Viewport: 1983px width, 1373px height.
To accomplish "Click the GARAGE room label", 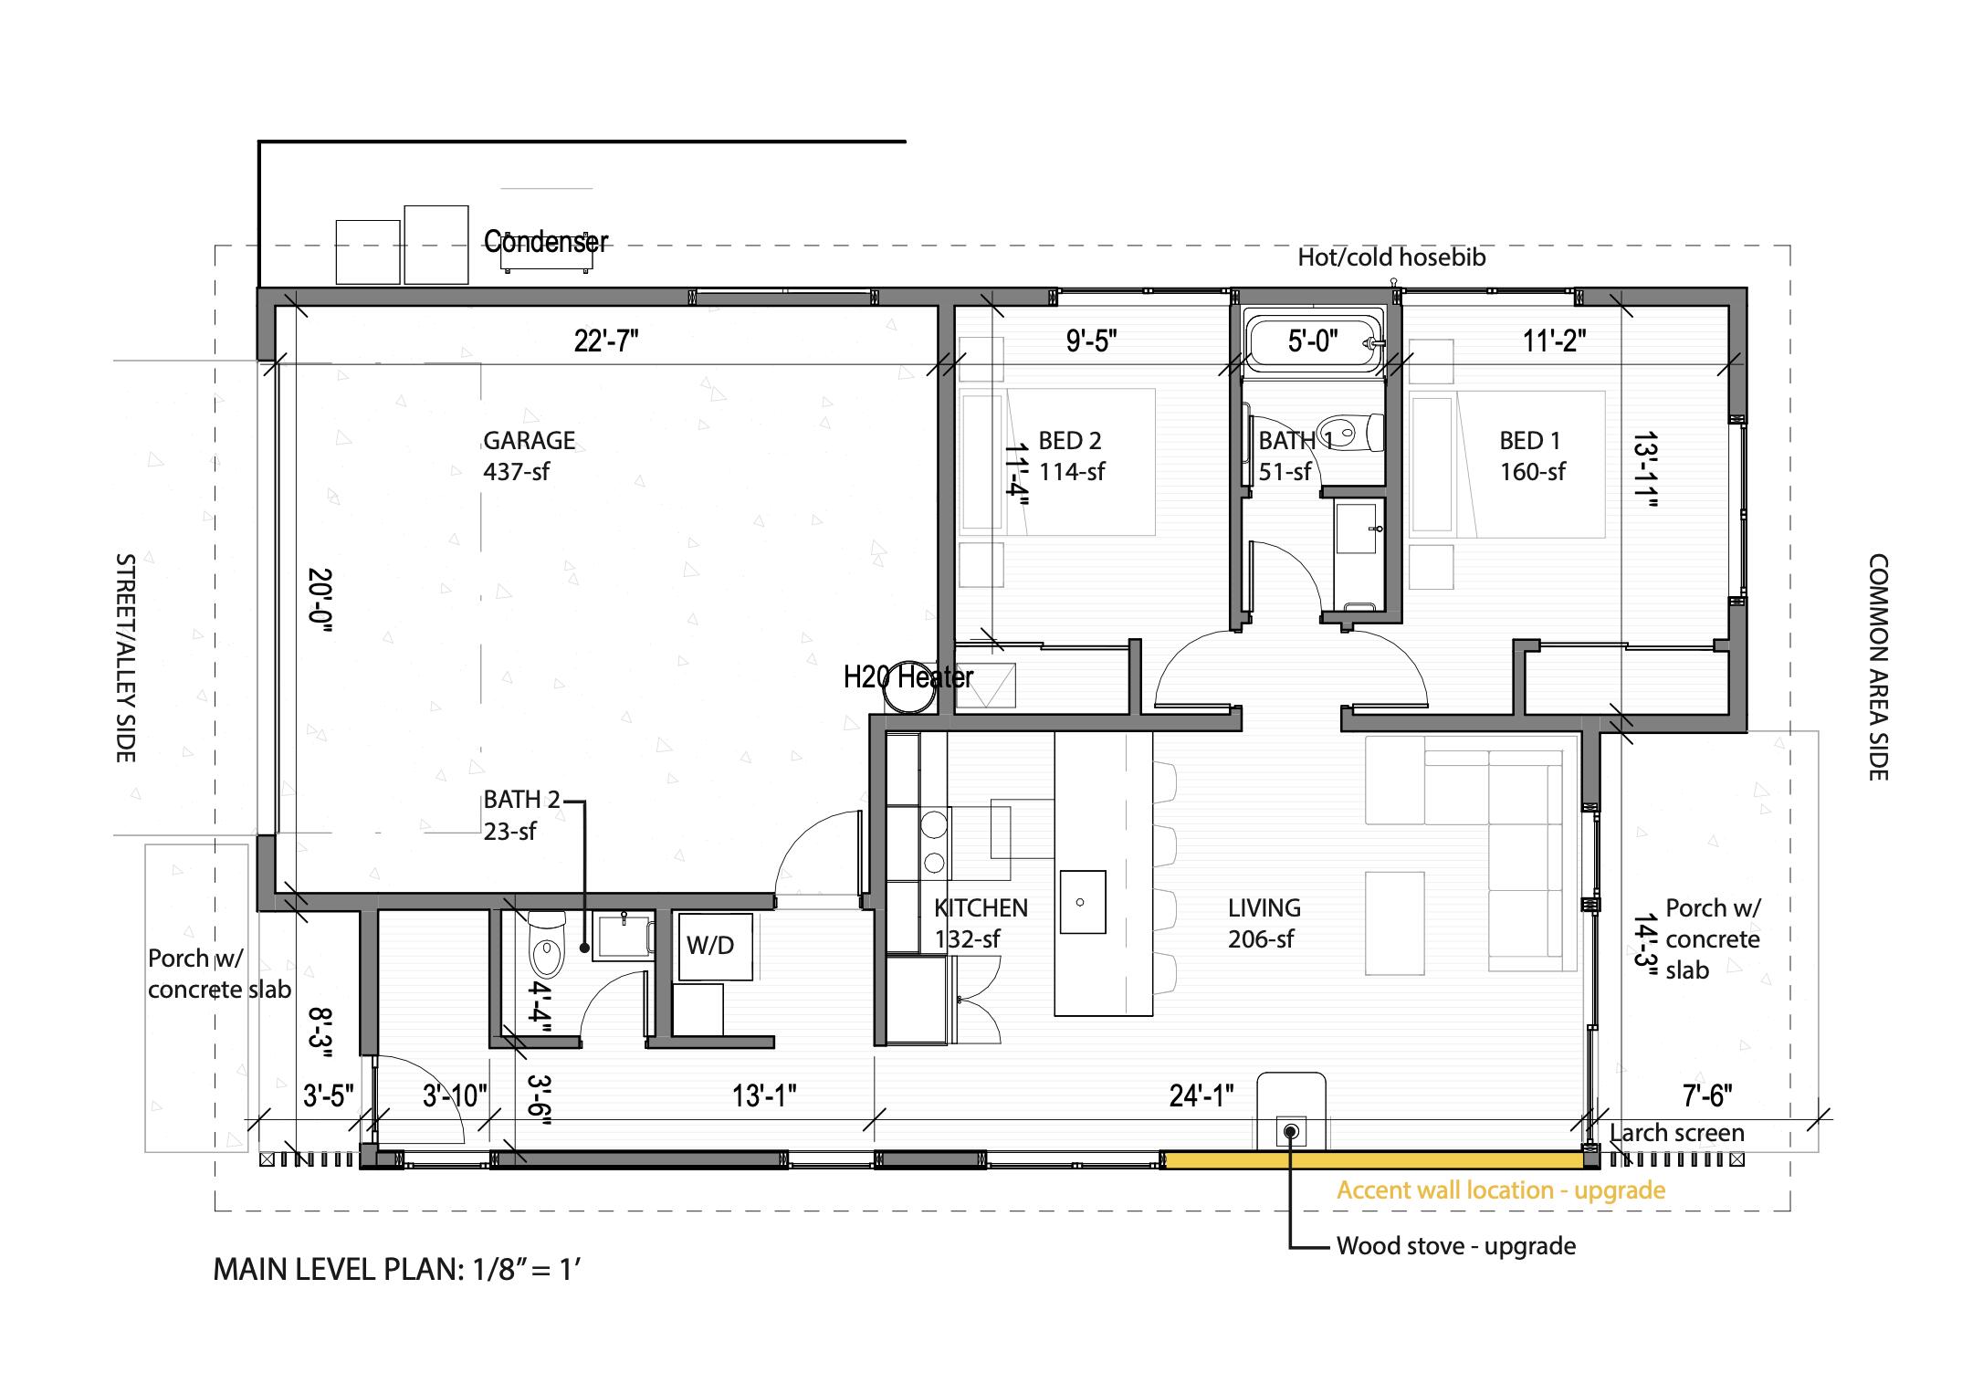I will click(529, 441).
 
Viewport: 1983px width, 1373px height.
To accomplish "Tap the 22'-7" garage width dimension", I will click(605, 341).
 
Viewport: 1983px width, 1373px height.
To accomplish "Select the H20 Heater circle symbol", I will click(908, 687).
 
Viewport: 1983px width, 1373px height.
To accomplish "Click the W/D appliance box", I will click(713, 946).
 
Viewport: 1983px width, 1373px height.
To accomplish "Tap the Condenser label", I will click(545, 242).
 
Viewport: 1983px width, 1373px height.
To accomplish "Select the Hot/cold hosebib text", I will click(1391, 257).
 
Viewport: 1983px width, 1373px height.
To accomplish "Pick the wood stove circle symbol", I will click(1290, 1132).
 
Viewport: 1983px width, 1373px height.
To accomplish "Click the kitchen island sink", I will click(1082, 902).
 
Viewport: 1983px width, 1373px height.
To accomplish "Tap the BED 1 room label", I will click(1530, 441).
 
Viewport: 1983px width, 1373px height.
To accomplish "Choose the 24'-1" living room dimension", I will click(1201, 1095).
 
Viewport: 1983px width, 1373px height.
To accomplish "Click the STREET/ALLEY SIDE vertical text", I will click(125, 657).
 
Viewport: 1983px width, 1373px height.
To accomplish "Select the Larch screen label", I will click(1676, 1133).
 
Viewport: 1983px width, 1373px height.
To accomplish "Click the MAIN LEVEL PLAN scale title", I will click(397, 1269).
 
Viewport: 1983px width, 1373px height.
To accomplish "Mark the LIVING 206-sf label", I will click(1263, 923).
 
